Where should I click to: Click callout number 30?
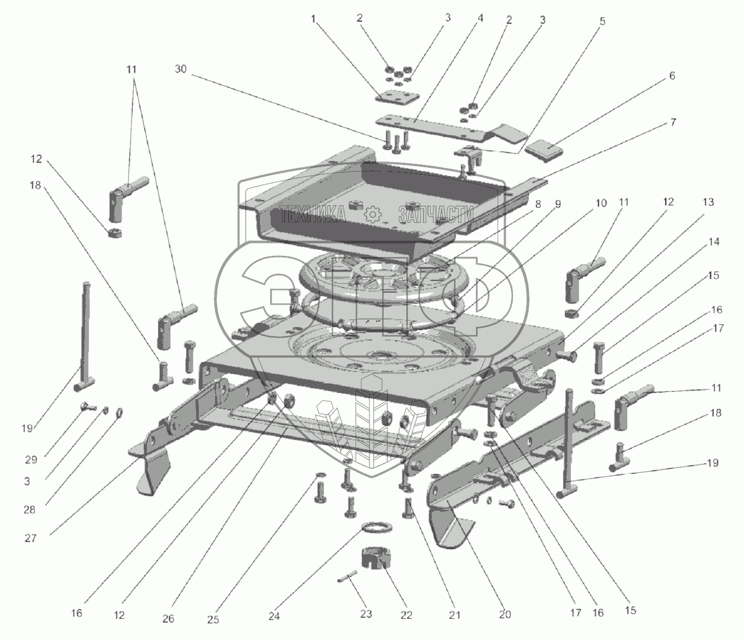pyautogui.click(x=180, y=69)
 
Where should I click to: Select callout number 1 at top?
pyautogui.click(x=313, y=19)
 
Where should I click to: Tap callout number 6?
pyautogui.click(x=672, y=76)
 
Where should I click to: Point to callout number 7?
pyautogui.click(x=673, y=122)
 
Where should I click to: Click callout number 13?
pyautogui.click(x=708, y=202)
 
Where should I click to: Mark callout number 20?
pyautogui.click(x=505, y=615)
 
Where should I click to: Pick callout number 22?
pyautogui.click(x=406, y=615)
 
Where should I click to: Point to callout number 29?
pyautogui.click(x=30, y=460)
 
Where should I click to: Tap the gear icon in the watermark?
pyautogui.click(x=372, y=214)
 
